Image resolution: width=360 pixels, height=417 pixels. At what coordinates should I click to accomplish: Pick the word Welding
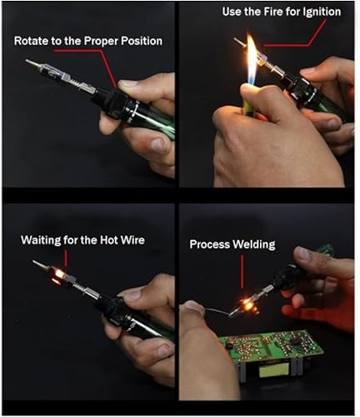[x=254, y=244]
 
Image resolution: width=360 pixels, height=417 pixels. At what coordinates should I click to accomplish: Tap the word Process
[x=210, y=244]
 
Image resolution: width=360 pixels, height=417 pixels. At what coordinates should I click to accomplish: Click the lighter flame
[x=252, y=61]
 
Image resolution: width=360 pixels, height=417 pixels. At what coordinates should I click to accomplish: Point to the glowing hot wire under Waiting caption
[x=59, y=275]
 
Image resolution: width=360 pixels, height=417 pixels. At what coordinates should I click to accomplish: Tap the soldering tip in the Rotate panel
[x=32, y=63]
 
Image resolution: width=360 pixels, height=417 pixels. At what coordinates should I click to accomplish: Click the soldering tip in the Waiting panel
[x=39, y=264]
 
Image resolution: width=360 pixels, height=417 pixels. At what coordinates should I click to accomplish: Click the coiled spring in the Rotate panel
[x=76, y=82]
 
